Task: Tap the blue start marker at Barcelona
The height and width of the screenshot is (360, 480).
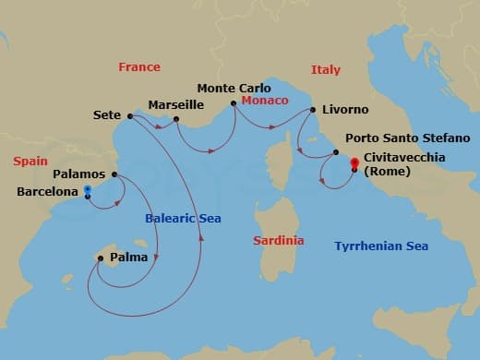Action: click(x=87, y=189)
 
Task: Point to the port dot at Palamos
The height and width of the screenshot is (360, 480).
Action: click(x=114, y=174)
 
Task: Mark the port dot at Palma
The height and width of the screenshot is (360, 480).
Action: click(x=101, y=258)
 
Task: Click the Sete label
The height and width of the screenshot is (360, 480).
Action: click(x=108, y=115)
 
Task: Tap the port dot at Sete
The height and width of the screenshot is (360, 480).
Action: click(x=129, y=116)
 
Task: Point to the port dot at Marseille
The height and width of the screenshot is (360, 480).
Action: click(x=176, y=118)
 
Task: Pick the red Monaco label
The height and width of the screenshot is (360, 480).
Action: click(x=264, y=100)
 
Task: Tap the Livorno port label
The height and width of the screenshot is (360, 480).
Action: click(x=344, y=109)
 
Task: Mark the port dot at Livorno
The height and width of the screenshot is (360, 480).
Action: click(x=314, y=110)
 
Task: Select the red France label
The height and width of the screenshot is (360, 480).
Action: click(x=139, y=66)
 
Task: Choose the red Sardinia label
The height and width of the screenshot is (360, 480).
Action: click(x=278, y=240)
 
